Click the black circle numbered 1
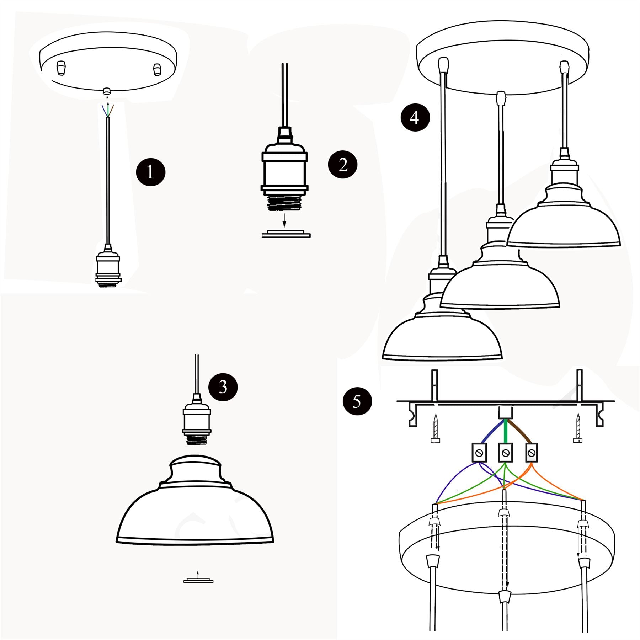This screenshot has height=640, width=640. [x=151, y=172]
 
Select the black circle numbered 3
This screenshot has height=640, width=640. [x=223, y=386]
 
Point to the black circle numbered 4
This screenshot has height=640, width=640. [x=415, y=117]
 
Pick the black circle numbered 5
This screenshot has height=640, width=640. [x=357, y=401]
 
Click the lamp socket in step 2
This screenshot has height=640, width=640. [x=284, y=171]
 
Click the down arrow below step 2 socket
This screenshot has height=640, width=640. [x=284, y=220]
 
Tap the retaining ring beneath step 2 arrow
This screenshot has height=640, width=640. [x=286, y=234]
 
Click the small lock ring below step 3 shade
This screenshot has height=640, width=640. [x=198, y=581]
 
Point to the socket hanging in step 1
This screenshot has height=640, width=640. [x=108, y=267]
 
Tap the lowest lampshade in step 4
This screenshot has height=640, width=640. [x=442, y=334]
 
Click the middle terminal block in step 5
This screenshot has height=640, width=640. [x=505, y=453]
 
